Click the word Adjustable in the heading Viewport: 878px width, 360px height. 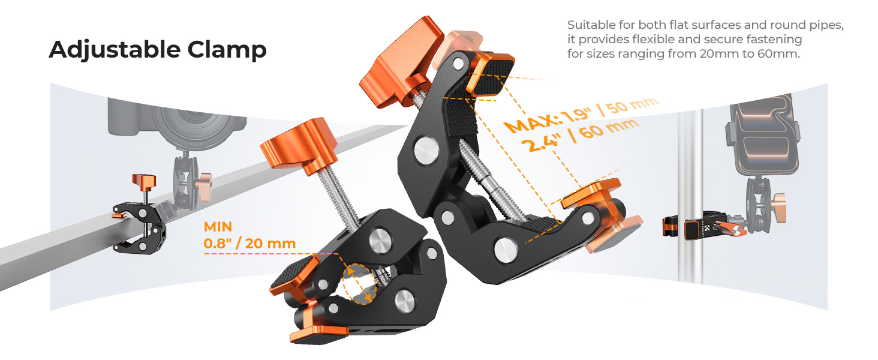114,50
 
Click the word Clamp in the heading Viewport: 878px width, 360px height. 227,49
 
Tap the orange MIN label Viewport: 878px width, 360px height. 218,227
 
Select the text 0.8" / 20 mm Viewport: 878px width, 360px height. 249,244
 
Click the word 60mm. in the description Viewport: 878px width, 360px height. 778,54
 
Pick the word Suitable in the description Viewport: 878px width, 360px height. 591,25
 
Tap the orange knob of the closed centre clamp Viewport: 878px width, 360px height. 299,145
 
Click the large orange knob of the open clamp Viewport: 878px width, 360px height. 402,63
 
